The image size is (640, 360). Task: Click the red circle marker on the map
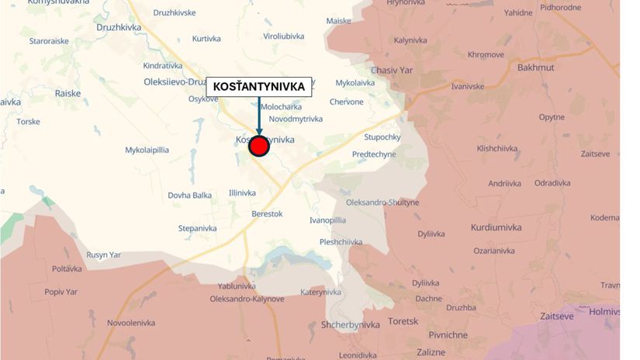[258, 147]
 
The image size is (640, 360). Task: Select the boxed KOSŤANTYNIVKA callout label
[258, 86]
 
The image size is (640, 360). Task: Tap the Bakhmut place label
[536, 67]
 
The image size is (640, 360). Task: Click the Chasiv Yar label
[390, 70]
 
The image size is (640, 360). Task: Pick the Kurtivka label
[207, 38]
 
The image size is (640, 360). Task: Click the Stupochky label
[382, 137]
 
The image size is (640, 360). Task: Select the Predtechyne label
[374, 154]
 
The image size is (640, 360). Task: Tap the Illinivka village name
[242, 192]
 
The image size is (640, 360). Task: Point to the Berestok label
[267, 213]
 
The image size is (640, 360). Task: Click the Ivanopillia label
[328, 220]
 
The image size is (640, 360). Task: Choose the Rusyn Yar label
[103, 254]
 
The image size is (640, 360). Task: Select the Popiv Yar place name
[61, 292]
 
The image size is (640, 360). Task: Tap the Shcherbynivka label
[350, 325]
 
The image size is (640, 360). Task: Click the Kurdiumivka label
[496, 227]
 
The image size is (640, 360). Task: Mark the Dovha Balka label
[190, 196]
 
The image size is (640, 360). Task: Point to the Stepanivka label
[198, 228]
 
